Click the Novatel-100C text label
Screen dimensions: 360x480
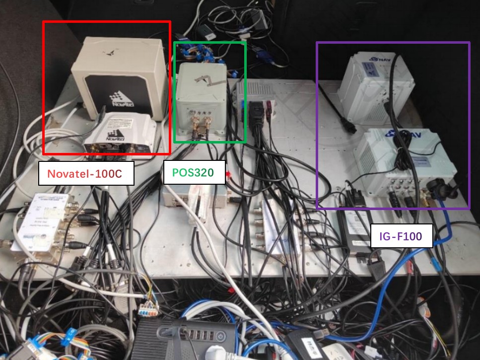tap(86, 173)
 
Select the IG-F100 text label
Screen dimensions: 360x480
tap(402, 236)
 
